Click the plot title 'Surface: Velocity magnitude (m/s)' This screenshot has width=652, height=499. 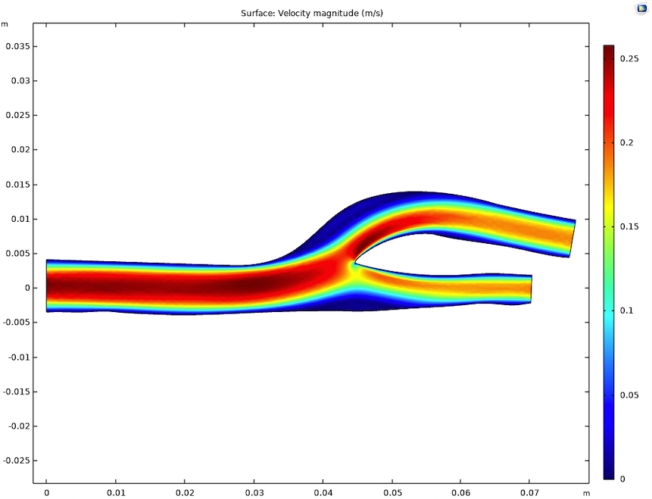pos(317,13)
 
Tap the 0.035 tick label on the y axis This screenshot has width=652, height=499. pos(17,46)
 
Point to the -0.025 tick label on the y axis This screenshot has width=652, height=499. pos(16,460)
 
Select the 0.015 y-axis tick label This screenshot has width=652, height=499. pos(17,185)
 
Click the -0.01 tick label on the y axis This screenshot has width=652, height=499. pos(18,357)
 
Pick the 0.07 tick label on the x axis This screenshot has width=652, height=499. pos(530,492)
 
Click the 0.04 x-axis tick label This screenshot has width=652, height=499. pos(323,492)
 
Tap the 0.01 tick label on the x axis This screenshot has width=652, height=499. pos(115,492)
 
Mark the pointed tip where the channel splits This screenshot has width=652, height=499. pos(354,264)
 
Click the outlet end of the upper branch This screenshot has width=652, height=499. pos(572,239)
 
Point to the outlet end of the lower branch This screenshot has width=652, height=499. pos(531,288)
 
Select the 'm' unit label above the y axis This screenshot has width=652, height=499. pos(5,23)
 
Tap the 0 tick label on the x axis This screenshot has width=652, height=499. pos(46,492)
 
